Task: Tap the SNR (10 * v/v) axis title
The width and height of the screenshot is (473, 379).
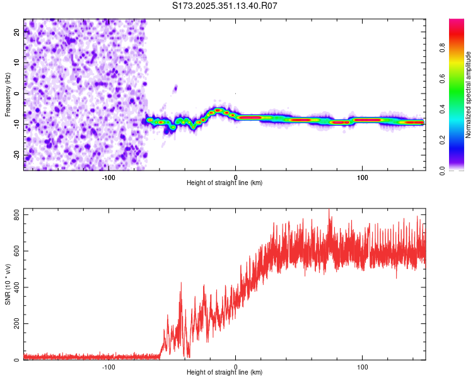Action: pyautogui.click(x=8, y=284)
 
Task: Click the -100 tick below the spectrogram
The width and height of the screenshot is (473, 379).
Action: pyautogui.click(x=108, y=177)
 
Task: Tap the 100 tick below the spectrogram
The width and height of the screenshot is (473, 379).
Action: pyautogui.click(x=363, y=177)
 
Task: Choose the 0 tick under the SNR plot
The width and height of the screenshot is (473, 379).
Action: pyautogui.click(x=236, y=366)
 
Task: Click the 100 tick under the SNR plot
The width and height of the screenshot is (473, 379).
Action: pyautogui.click(x=363, y=366)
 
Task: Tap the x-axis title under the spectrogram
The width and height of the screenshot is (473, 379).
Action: pyautogui.click(x=225, y=183)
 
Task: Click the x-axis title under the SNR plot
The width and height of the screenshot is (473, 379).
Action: pyautogui.click(x=225, y=373)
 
